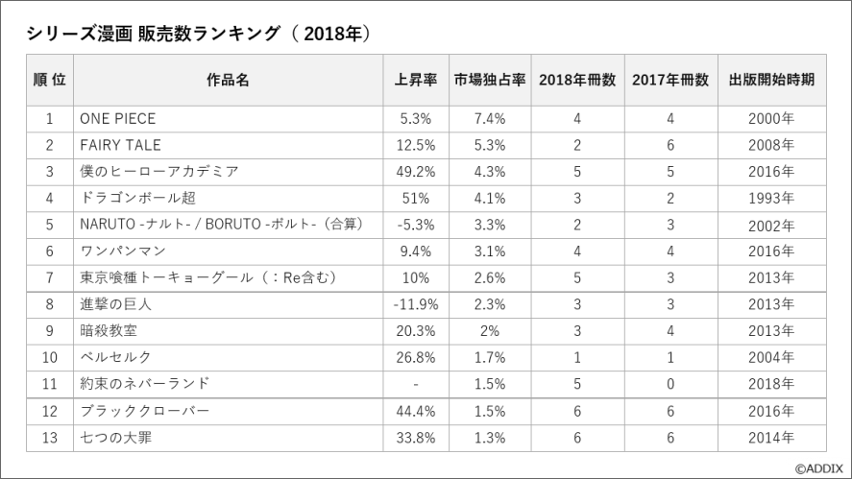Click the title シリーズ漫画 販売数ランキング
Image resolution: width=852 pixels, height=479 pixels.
point(153,34)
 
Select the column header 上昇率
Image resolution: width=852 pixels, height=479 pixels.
point(416,80)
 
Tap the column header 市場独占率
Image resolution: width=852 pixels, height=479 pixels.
point(490,80)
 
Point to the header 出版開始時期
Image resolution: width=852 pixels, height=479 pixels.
point(771,80)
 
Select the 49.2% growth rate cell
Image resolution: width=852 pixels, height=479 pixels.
point(416,172)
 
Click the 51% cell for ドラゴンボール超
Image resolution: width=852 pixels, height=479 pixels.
point(416,199)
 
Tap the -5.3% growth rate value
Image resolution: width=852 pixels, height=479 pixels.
point(416,225)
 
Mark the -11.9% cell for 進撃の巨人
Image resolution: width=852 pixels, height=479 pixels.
point(416,304)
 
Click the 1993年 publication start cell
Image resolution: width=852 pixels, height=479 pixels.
point(771,199)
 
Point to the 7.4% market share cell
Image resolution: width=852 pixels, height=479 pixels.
point(490,118)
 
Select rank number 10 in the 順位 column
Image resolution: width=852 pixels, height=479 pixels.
point(49,357)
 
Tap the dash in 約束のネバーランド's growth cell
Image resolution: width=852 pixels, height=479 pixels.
point(416,385)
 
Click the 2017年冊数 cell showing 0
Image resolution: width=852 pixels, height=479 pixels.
point(670,384)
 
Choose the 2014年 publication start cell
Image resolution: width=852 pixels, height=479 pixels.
point(771,437)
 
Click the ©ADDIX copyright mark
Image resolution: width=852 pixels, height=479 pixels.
point(818,468)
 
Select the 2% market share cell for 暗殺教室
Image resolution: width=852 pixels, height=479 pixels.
point(490,331)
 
